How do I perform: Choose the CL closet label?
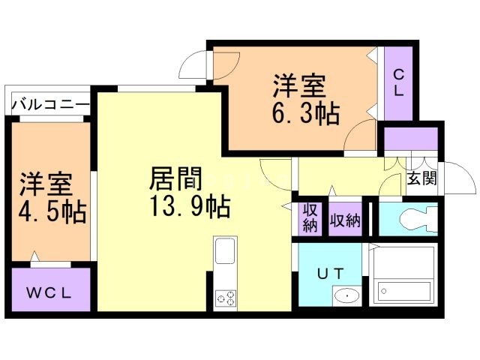point(398,83)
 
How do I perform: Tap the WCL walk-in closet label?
point(50,293)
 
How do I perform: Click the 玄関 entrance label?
point(422,178)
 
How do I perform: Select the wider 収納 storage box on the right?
point(346,220)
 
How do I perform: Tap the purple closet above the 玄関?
point(410,139)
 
